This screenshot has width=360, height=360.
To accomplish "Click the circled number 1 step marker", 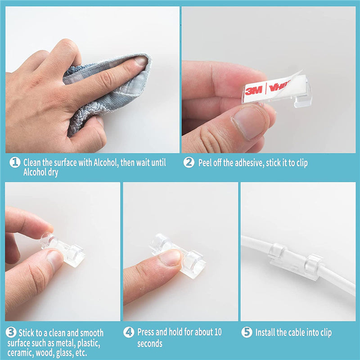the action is click(15, 162).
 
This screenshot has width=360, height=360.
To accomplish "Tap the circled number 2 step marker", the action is click(189, 162).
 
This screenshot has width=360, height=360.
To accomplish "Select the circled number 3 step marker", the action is click(11, 332).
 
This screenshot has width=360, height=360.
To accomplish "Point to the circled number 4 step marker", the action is click(129, 332).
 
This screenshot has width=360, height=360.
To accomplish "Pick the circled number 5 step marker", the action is click(247, 332).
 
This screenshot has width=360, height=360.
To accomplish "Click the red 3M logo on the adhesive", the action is click(254, 91).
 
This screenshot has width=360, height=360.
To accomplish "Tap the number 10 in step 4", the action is click(218, 332).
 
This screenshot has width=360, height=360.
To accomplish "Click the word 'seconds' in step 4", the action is click(150, 344).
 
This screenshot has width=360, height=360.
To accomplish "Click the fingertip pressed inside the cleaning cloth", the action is click(140, 62).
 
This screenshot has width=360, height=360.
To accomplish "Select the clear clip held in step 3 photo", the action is click(62, 250).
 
